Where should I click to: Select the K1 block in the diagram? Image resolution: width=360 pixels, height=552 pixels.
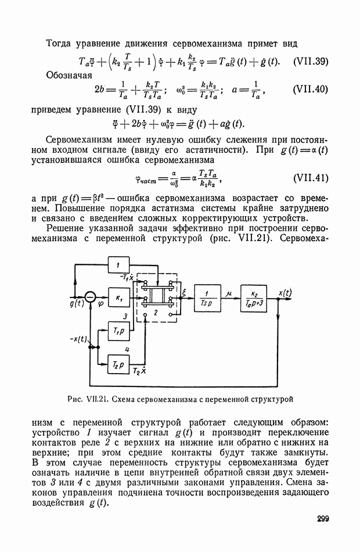tap(120, 298)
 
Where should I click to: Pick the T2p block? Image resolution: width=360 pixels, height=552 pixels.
tap(119, 364)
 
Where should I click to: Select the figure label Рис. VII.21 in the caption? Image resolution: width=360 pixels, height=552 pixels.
tap(87, 399)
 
